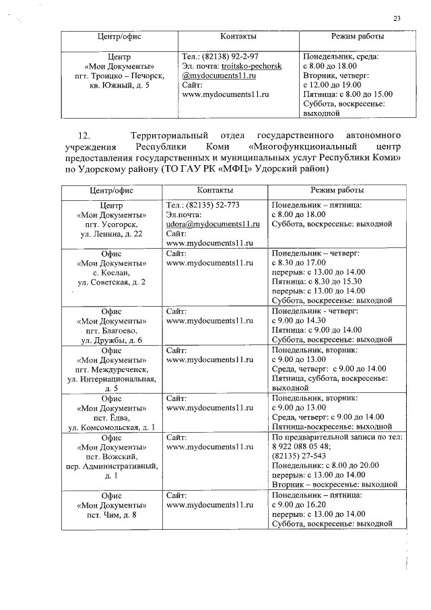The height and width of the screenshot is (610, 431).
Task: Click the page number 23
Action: [x=397, y=18]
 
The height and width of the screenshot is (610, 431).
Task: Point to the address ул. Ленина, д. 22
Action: [x=111, y=233]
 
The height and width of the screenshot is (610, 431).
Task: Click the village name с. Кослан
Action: [x=111, y=272]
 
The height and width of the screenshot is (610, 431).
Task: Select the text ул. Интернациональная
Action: [x=111, y=379]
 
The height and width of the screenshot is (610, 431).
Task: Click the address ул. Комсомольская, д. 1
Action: [x=111, y=427]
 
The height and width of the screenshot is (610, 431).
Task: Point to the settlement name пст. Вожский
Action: [x=111, y=456]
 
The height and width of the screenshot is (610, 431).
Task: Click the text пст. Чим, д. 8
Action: [x=111, y=516]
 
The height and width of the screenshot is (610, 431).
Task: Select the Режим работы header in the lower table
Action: [x=331, y=191]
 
